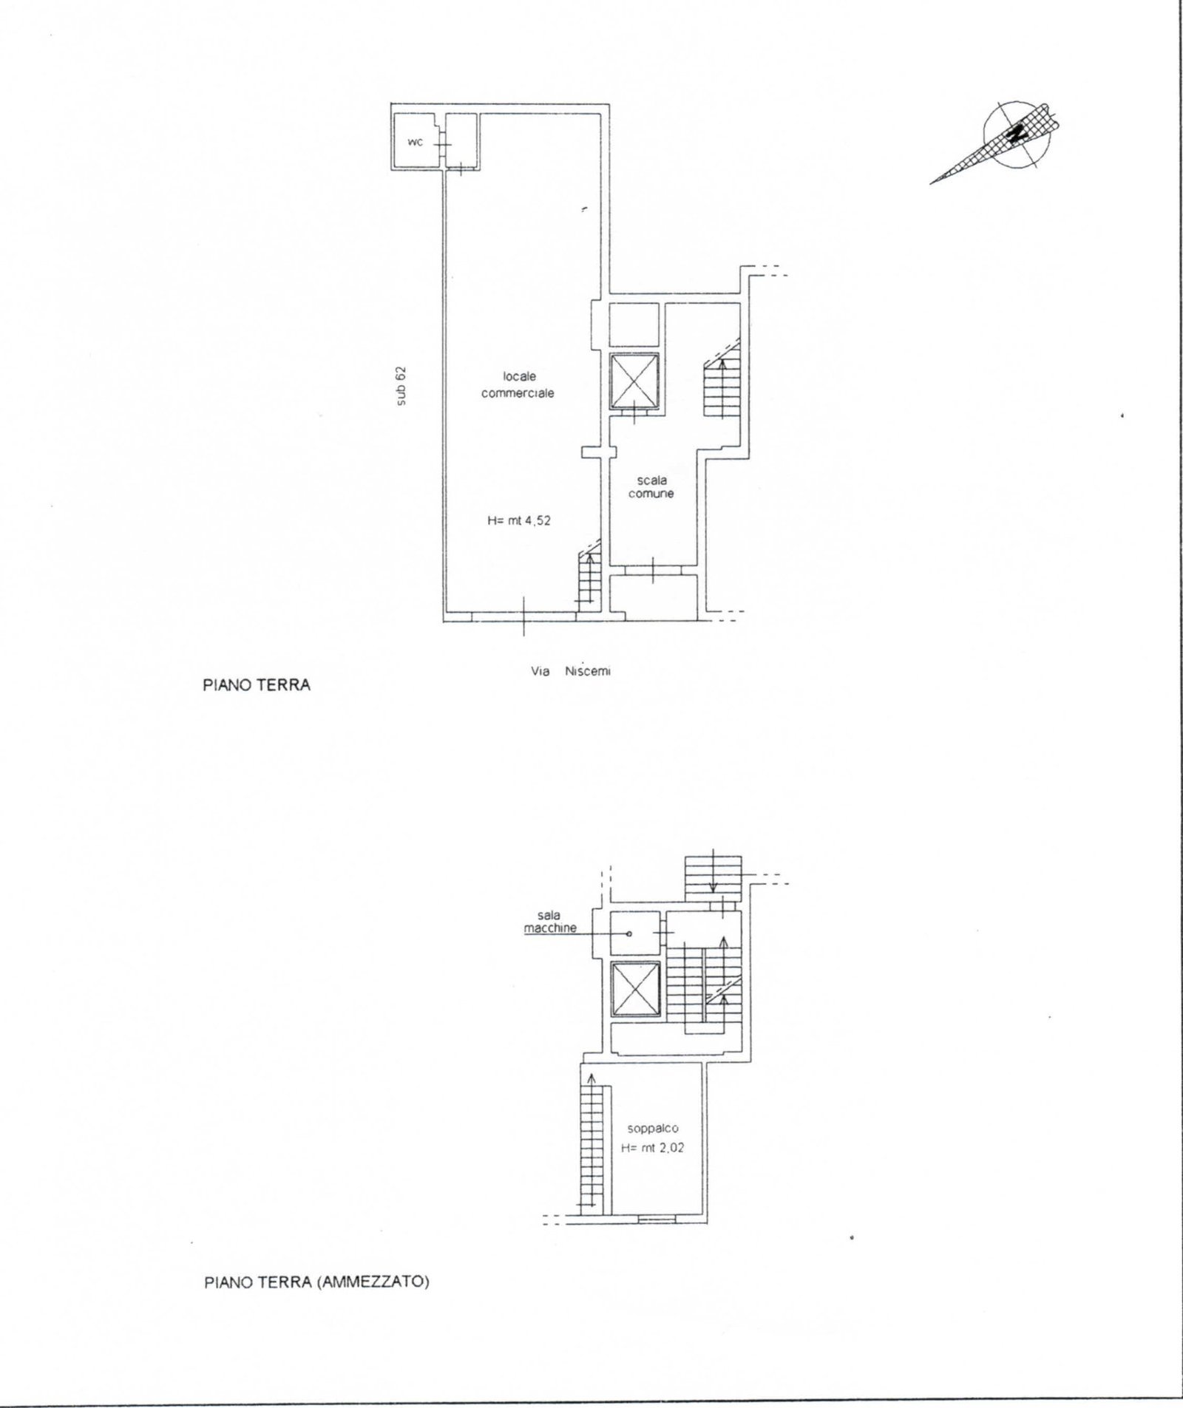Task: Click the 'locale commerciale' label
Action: (518, 385)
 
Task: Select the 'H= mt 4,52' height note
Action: (519, 520)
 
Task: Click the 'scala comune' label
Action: (651, 486)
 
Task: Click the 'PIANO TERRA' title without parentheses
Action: (257, 685)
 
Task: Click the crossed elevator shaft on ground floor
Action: (634, 381)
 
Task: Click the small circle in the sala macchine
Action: (629, 933)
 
